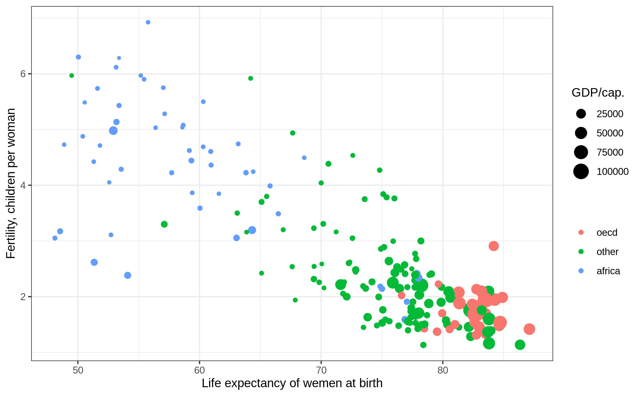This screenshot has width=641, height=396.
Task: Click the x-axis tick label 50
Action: pyautogui.click(x=78, y=370)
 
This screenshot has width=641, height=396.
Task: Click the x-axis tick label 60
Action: pyautogui.click(x=200, y=370)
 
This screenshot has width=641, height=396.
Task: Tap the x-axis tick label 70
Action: pyautogui.click(x=321, y=370)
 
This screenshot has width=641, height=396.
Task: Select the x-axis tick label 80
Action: pyautogui.click(x=443, y=370)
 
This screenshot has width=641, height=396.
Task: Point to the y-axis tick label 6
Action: pyautogui.click(x=23, y=74)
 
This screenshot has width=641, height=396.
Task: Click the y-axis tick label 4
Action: pyautogui.click(x=23, y=185)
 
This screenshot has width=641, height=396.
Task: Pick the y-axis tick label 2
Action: pyautogui.click(x=23, y=297)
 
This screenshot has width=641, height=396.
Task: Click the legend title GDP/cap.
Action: pyautogui.click(x=598, y=93)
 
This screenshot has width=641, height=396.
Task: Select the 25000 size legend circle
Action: pyautogui.click(x=581, y=114)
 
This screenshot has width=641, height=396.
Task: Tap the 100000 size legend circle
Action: pyautogui.click(x=581, y=171)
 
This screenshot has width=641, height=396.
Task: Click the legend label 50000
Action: pyautogui.click(x=610, y=133)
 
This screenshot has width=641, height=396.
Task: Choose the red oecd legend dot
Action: pyautogui.click(x=581, y=232)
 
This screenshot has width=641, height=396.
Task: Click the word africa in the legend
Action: pyautogui.click(x=608, y=271)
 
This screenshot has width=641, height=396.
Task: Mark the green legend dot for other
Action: pyautogui.click(x=581, y=252)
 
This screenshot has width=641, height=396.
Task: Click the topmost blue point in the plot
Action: pyautogui.click(x=148, y=22)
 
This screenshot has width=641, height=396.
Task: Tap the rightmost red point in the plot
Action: pyautogui.click(x=529, y=329)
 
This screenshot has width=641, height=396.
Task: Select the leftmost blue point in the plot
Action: pyautogui.click(x=55, y=238)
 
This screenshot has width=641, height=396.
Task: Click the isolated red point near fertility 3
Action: pyautogui.click(x=494, y=246)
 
